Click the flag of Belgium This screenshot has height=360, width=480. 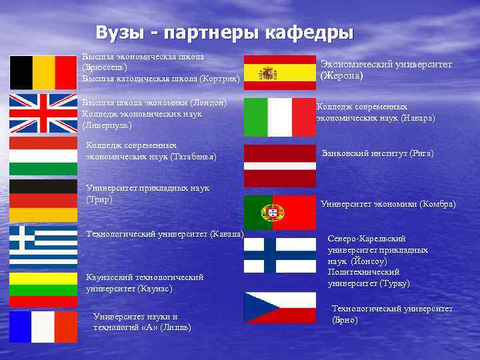(x=43, y=72)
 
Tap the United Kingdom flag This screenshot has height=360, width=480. (x=43, y=113)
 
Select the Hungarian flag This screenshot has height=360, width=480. (x=43, y=153)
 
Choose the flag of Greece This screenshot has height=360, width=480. (x=43, y=246)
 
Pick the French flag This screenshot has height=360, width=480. (x=43, y=327)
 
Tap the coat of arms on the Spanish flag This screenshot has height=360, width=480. (x=269, y=73)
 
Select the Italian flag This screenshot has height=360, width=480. (x=279, y=117)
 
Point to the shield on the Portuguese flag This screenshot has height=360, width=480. (x=273, y=213)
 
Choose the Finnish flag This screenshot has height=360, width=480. (x=279, y=254)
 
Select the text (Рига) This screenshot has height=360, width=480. (x=421, y=153)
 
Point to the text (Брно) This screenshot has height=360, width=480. (x=345, y=320)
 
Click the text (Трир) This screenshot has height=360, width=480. (x=99, y=199)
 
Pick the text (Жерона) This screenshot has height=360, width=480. (x=341, y=76)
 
